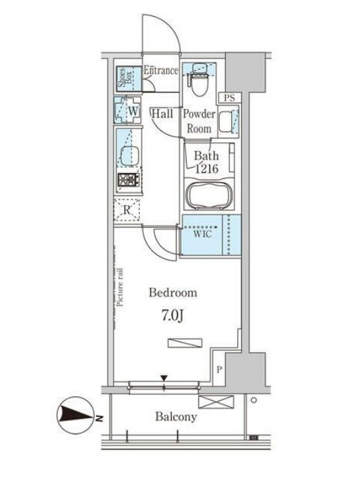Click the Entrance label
(x=161, y=70)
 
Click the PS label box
(x=230, y=98)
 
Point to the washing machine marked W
(x=128, y=110)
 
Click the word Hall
(x=162, y=114)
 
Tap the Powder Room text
(x=199, y=121)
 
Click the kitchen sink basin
(x=130, y=157)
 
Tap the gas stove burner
(x=129, y=180)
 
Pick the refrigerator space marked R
(x=127, y=210)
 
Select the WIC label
(x=203, y=234)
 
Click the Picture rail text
(x=120, y=287)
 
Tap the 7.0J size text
(x=172, y=316)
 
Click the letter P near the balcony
(x=219, y=370)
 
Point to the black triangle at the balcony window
(x=164, y=378)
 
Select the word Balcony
(x=176, y=417)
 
